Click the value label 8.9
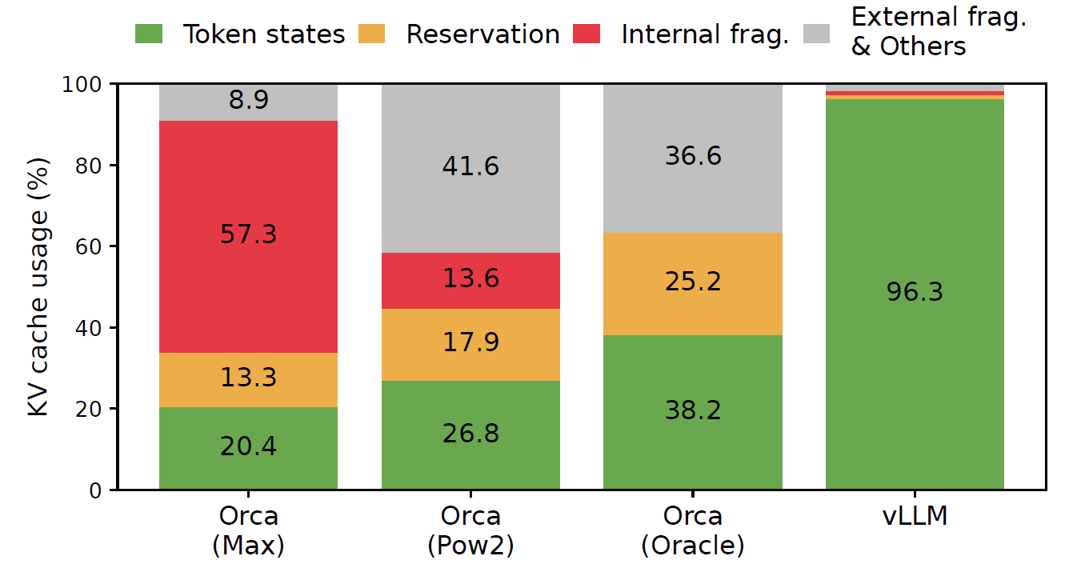point(248,101)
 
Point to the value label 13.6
point(470,278)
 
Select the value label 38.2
point(692,410)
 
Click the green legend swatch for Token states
point(150,34)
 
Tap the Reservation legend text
point(482,34)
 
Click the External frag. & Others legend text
point(938,32)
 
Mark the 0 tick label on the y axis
point(97,490)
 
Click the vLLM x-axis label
point(915,516)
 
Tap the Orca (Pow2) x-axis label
point(470,530)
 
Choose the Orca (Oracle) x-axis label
point(692,530)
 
